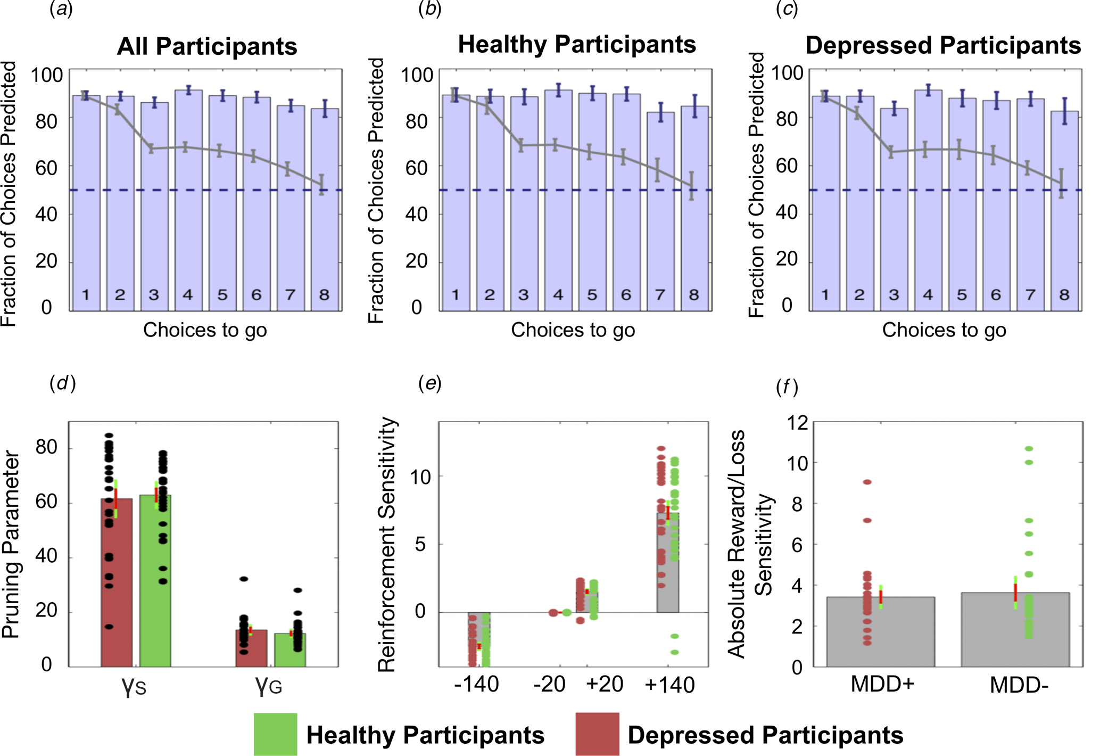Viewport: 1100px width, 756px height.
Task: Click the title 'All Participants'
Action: pos(207,46)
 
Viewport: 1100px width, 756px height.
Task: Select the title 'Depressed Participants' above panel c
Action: pos(943,45)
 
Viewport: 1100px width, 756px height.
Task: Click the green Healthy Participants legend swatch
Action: pos(275,734)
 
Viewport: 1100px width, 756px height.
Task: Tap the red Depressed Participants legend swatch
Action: pos(597,734)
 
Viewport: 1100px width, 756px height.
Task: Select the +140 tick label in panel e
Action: pos(669,685)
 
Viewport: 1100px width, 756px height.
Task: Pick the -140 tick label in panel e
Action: pos(476,685)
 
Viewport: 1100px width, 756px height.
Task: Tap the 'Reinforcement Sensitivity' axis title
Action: pos(387,544)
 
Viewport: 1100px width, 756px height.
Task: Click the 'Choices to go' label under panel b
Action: pos(573,330)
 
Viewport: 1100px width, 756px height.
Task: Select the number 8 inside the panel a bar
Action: pos(324,294)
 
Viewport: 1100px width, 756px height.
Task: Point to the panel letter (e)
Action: pos(430,383)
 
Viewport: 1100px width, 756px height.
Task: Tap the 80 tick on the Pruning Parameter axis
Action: pos(46,447)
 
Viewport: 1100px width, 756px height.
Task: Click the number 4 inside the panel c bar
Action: pos(928,294)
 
